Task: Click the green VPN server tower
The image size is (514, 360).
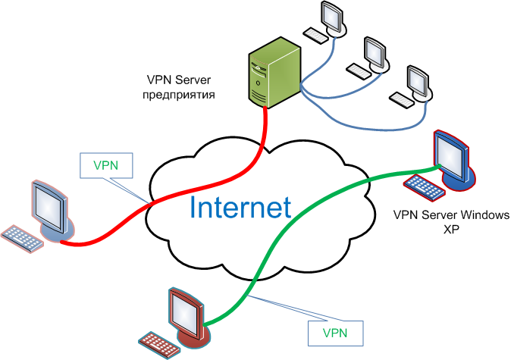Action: point(274,73)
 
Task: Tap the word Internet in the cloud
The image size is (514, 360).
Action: point(240,208)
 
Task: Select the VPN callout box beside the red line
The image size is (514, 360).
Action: point(106,165)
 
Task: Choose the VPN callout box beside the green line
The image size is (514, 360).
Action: point(335,333)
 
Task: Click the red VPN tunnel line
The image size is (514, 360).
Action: point(183,191)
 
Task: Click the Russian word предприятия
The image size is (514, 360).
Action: point(179,95)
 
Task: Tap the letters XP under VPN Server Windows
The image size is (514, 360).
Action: point(451,230)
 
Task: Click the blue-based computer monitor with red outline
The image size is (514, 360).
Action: point(454,161)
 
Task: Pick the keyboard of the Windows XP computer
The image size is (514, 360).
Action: point(425,188)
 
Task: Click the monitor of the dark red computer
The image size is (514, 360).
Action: point(189,318)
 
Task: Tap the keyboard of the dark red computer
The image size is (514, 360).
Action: point(159,345)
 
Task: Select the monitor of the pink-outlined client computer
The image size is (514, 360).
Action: point(52,210)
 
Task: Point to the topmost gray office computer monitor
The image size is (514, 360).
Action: point(333,19)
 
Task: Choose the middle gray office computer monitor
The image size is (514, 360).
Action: point(376,55)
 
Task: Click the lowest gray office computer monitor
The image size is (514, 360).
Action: point(418,83)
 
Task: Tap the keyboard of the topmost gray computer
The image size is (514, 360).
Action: point(315,35)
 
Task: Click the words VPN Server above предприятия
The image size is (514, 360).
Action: point(179,80)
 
